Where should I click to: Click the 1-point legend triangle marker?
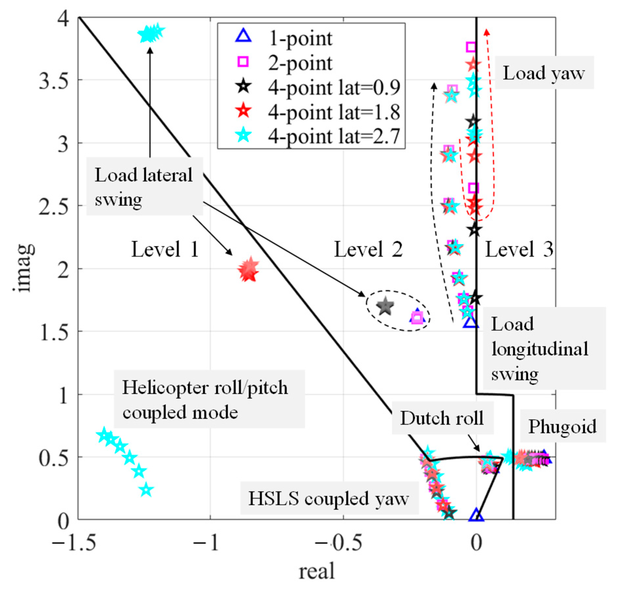pos(243,36)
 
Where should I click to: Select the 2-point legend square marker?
pos(243,61)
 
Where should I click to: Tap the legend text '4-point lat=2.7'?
pos(334,136)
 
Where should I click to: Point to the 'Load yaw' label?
pos(543,73)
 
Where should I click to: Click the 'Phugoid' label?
pos(562,426)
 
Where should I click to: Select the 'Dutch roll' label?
pos(442,418)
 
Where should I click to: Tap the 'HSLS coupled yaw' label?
pos(328,499)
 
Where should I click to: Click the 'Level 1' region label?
pos(165,249)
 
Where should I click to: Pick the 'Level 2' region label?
pos(368,249)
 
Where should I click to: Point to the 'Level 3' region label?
pos(519,249)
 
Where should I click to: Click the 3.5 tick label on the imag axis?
pos(54,80)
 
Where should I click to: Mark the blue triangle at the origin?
pos(476,515)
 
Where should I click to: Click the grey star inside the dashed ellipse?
pos(385,306)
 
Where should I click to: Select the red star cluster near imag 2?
pos(249,270)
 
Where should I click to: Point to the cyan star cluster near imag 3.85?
pos(151,33)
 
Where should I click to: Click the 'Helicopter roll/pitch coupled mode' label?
pos(205,399)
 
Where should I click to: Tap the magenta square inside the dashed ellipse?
pos(417,317)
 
